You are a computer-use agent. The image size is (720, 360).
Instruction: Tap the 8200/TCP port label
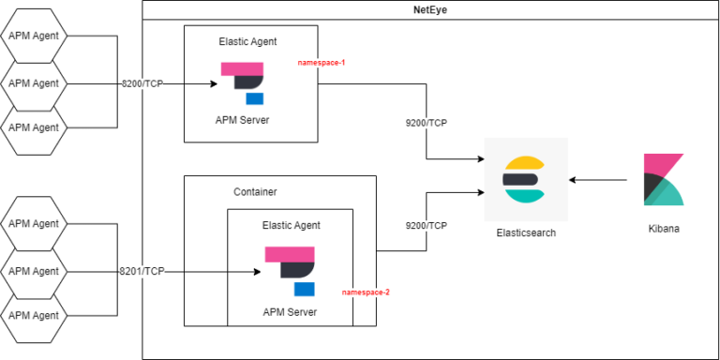pyautogui.click(x=142, y=83)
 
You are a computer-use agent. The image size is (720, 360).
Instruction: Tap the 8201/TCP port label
pyautogui.click(x=142, y=271)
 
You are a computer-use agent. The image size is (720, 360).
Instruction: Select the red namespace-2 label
pyautogui.click(x=366, y=292)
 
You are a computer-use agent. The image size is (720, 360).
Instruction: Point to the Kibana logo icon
pyautogui.click(x=663, y=179)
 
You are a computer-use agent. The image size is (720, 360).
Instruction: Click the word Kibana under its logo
pyautogui.click(x=664, y=228)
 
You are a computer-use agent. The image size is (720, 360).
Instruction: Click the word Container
pyautogui.click(x=255, y=191)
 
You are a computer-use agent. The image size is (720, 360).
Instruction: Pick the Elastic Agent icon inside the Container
pyautogui.click(x=290, y=270)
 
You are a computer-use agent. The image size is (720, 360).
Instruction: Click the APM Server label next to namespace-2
pyautogui.click(x=290, y=312)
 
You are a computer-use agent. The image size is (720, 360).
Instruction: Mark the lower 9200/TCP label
pyautogui.click(x=426, y=226)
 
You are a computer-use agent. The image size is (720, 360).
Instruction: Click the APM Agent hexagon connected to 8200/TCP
pyautogui.click(x=34, y=82)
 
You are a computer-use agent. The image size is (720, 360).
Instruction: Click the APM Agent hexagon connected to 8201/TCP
pyautogui.click(x=34, y=270)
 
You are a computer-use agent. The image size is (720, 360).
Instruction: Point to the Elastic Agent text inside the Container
pyautogui.click(x=290, y=225)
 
